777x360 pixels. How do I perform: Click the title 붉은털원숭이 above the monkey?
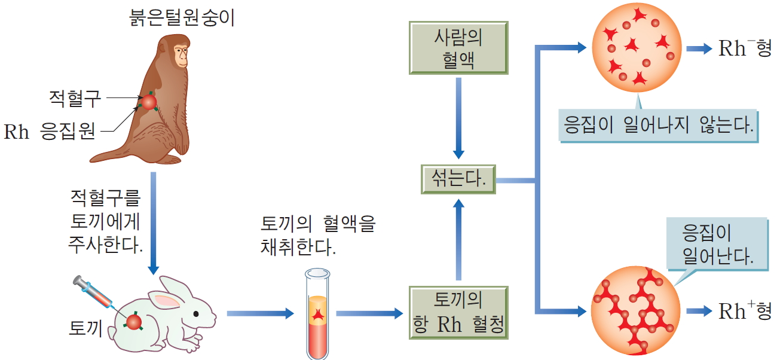click(x=182, y=17)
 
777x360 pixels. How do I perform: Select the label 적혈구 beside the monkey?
click(x=74, y=98)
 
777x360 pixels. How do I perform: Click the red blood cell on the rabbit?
click(x=134, y=322)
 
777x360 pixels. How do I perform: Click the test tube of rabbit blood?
click(x=317, y=314)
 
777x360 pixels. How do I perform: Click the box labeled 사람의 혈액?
click(x=458, y=48)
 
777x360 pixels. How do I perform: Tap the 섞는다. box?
click(x=458, y=179)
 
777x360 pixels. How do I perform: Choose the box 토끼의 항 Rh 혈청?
click(x=458, y=312)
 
